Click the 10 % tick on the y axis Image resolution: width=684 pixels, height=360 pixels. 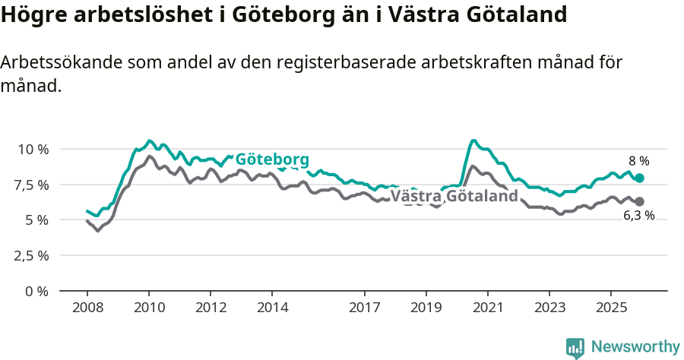click(x=32, y=149)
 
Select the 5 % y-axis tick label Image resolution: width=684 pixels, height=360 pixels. click(x=36, y=220)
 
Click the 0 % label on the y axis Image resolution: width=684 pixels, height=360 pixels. click(x=36, y=291)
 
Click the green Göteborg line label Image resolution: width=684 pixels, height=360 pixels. click(x=272, y=159)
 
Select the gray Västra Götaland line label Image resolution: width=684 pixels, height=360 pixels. click(x=454, y=197)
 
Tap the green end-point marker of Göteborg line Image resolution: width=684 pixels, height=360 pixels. click(x=639, y=178)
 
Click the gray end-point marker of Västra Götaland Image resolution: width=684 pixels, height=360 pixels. click(x=639, y=201)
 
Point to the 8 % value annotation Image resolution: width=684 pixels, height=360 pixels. click(x=638, y=161)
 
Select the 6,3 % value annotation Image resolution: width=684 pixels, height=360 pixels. click(x=638, y=216)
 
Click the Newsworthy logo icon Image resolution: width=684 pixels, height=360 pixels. click(x=575, y=348)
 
